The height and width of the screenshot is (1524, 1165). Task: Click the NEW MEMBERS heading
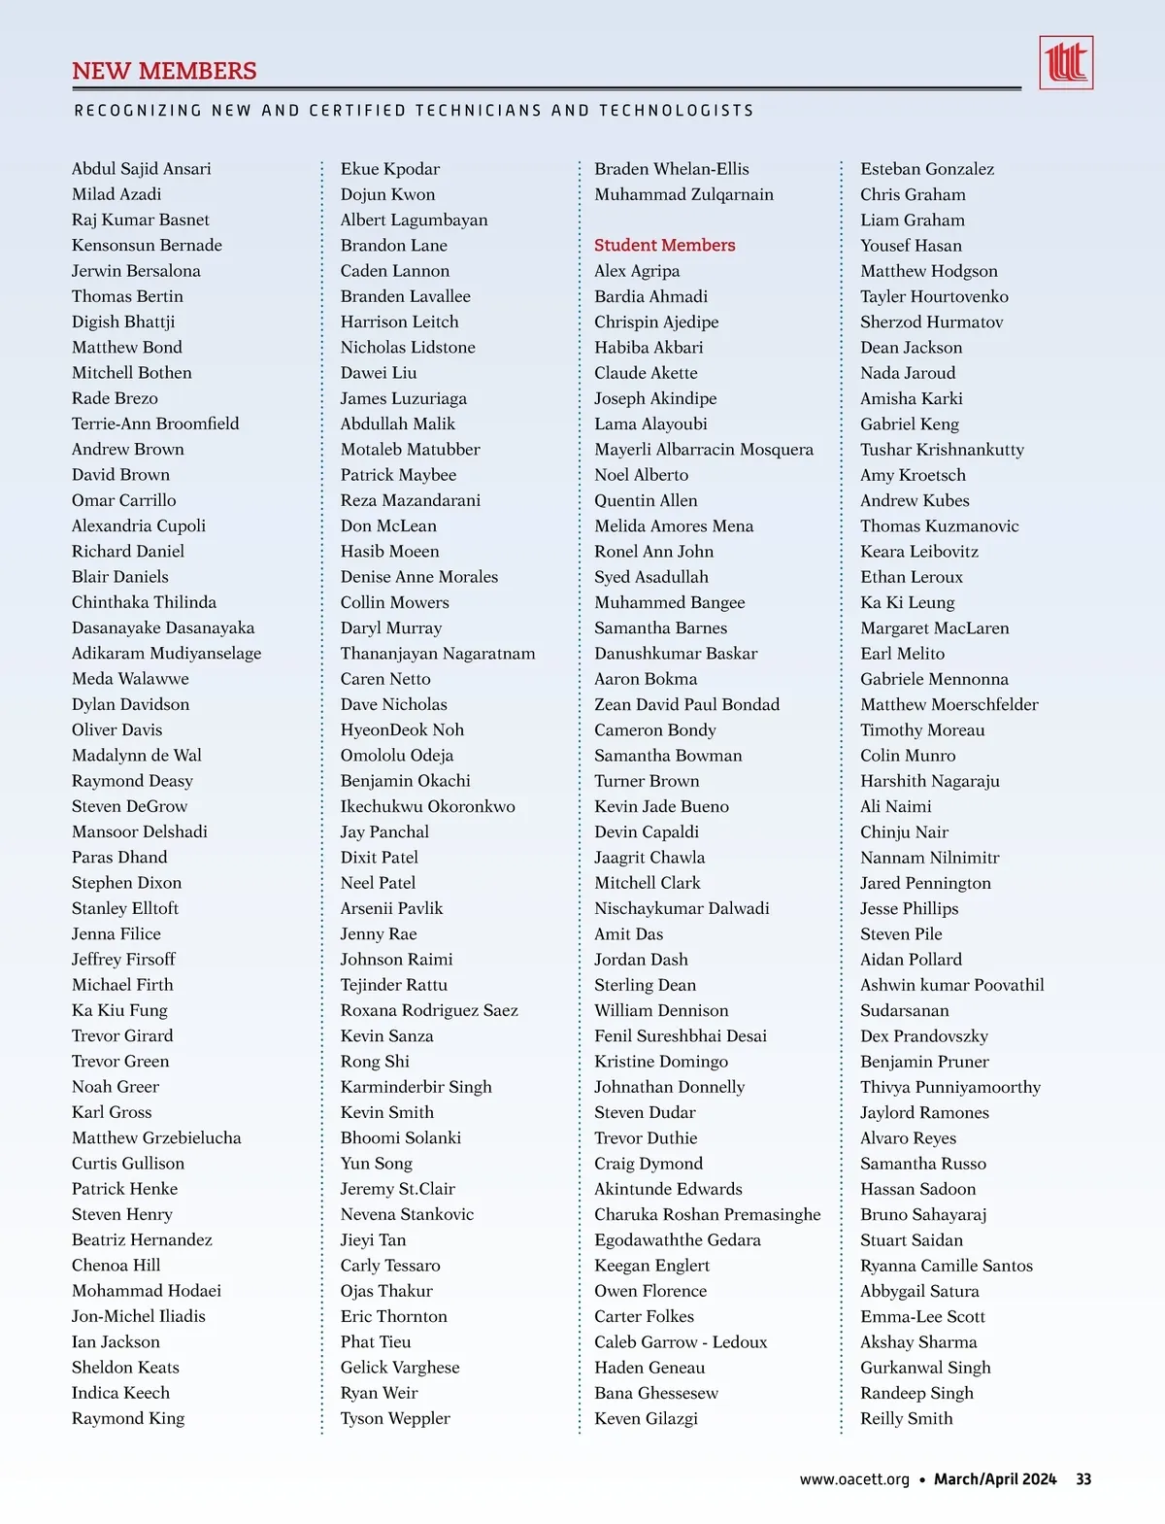tap(164, 71)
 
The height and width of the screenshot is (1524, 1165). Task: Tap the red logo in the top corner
tap(1065, 63)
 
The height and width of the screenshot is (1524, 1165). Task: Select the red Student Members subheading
tap(664, 245)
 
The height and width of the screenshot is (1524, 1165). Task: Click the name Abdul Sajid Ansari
tap(141, 169)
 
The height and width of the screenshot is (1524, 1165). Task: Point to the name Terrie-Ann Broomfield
tap(155, 423)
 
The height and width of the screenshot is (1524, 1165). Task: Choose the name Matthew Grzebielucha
tap(156, 1137)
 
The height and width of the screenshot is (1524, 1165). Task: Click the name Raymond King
tap(128, 1418)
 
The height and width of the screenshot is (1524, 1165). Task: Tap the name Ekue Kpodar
tap(390, 169)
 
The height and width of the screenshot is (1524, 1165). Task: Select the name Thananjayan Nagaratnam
tap(438, 653)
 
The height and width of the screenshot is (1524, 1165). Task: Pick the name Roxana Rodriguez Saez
tap(429, 1010)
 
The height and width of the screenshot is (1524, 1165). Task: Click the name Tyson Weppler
tap(395, 1418)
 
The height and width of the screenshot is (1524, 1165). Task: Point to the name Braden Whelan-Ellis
tap(672, 169)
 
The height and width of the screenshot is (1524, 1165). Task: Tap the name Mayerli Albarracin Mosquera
tap(704, 449)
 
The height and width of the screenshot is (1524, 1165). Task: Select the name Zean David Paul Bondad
tap(686, 704)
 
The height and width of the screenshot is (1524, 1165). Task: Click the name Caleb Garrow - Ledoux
tap(681, 1341)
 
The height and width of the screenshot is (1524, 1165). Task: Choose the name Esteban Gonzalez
tap(927, 169)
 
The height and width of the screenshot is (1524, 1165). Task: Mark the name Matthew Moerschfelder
tap(949, 704)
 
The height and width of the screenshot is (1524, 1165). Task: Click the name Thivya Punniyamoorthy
tap(950, 1087)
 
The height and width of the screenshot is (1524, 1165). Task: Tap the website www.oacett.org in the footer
tap(854, 1479)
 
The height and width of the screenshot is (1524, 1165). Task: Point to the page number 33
tap(1083, 1479)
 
